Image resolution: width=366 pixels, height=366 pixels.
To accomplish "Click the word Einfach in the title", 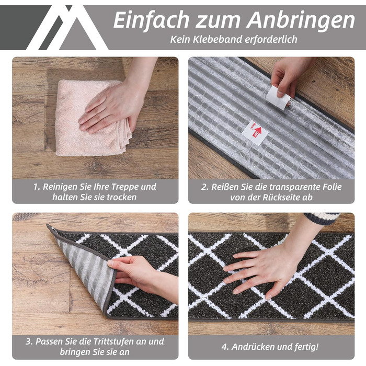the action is [x=151, y=20].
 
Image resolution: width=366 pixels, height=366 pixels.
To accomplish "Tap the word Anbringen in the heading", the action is [x=301, y=21].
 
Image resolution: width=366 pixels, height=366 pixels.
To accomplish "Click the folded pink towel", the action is [x=91, y=118].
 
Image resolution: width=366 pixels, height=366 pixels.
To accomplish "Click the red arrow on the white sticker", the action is [x=257, y=132].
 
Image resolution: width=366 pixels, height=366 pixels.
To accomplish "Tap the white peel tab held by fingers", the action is [x=278, y=97].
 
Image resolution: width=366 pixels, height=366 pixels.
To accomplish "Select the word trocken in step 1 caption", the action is [x=122, y=197].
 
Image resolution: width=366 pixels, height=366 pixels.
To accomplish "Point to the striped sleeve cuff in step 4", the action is [x=323, y=218].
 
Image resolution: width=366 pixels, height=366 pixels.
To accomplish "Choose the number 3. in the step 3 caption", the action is [x=29, y=341].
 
